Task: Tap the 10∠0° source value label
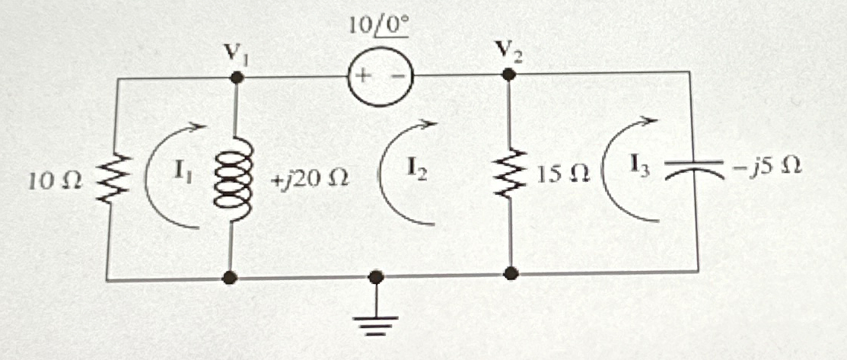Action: (x=378, y=27)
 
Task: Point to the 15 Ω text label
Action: (x=561, y=177)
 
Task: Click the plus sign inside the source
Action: (x=362, y=76)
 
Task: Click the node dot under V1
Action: (x=237, y=77)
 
